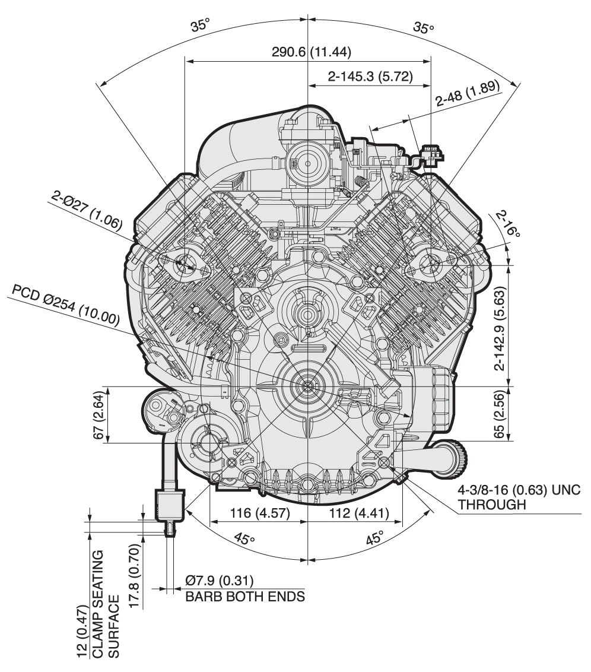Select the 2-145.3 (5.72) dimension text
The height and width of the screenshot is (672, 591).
click(370, 77)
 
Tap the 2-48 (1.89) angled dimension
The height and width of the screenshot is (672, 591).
click(468, 96)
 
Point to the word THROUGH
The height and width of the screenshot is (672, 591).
click(492, 505)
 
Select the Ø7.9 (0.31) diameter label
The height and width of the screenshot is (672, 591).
click(223, 581)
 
